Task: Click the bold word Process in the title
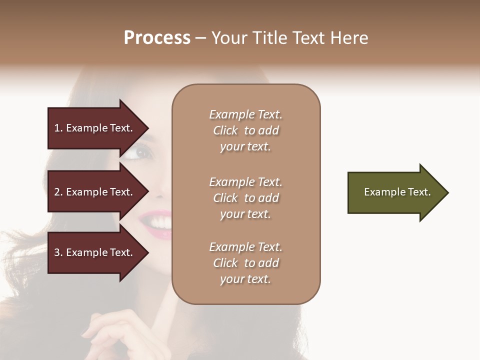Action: click(157, 38)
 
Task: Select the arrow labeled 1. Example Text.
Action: click(95, 128)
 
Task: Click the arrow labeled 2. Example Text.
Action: click(95, 192)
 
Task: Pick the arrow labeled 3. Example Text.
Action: click(95, 252)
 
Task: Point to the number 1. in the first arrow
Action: click(58, 128)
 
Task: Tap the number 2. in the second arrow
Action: click(58, 192)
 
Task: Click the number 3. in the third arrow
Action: click(58, 252)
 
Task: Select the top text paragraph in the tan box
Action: click(246, 130)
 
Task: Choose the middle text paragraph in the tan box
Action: click(246, 198)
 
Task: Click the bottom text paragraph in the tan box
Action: click(246, 263)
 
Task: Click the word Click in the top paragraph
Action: click(225, 131)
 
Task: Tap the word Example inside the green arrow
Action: click(381, 192)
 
